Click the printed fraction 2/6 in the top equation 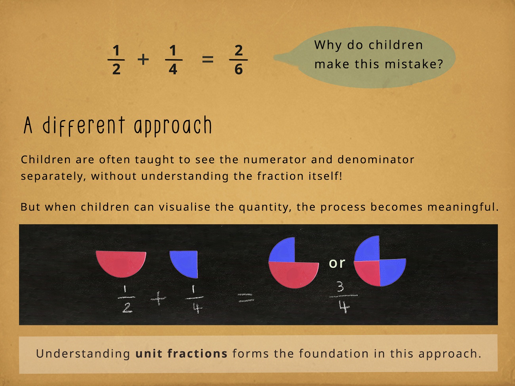(x=238, y=60)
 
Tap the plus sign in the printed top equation (x=143, y=59)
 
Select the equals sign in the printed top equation (x=208, y=59)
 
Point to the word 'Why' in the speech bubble (x=328, y=45)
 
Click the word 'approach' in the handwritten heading (x=173, y=126)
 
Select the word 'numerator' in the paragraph (x=275, y=160)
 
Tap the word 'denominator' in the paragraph (x=376, y=160)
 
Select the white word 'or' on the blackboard (x=337, y=263)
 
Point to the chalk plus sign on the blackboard (x=158, y=299)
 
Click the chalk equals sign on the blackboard (x=246, y=298)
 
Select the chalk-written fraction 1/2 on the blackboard (x=126, y=299)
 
